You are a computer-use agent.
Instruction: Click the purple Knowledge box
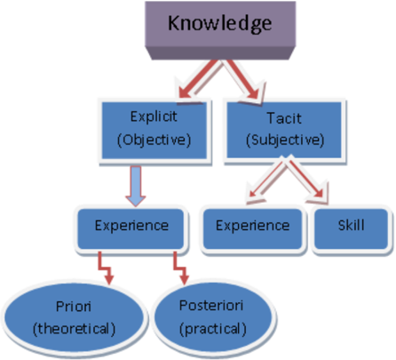tap(220, 30)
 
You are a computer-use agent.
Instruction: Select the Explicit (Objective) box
tap(154, 131)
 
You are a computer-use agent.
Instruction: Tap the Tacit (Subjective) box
tap(284, 131)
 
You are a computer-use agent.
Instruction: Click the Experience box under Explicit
tap(131, 229)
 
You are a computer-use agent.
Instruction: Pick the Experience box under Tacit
tap(252, 229)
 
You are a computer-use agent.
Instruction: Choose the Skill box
tap(352, 229)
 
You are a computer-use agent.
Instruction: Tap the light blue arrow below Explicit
tap(136, 186)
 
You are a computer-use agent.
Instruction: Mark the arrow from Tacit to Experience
tap(265, 180)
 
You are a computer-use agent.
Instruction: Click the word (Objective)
tap(154, 140)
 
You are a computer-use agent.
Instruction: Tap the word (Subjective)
tap(285, 140)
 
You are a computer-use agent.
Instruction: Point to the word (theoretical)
tap(74, 329)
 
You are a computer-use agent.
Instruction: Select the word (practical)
tap(213, 329)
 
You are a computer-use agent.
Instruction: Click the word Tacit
tap(284, 118)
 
